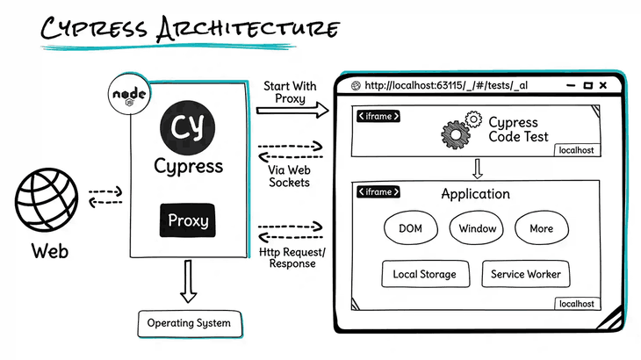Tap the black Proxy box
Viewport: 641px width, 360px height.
(188, 220)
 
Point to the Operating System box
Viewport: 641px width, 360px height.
(188, 323)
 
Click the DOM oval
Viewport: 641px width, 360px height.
(411, 228)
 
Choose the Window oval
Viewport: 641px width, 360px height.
(476, 228)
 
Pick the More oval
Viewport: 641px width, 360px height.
(541, 228)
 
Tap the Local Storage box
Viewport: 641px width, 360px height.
(424, 274)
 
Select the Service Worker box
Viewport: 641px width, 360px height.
(525, 274)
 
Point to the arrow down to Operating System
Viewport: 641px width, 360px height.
(188, 281)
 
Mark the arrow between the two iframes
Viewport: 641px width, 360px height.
(477, 168)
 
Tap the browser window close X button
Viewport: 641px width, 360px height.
(607, 85)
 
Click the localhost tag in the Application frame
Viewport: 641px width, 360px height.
(576, 304)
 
